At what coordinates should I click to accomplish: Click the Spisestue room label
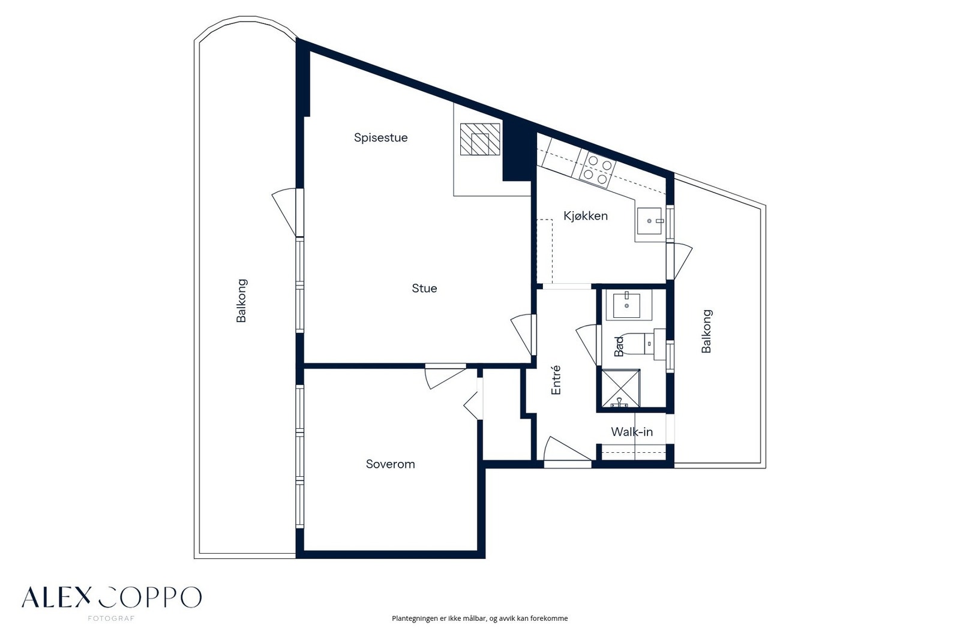[380, 138]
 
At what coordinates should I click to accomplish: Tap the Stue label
[424, 289]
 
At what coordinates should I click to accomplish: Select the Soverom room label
[391, 464]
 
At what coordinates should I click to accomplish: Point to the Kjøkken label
[586, 216]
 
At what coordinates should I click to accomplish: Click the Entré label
[556, 380]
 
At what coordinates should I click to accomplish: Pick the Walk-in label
[632, 432]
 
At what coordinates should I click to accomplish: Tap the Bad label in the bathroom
[619, 346]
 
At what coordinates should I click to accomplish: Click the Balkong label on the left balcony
[242, 301]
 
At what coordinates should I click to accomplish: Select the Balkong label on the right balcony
[706, 331]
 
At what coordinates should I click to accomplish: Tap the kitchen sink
[649, 221]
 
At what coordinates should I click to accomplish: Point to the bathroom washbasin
[626, 305]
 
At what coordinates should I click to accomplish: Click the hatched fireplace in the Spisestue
[480, 139]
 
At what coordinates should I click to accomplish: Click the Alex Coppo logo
[112, 600]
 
